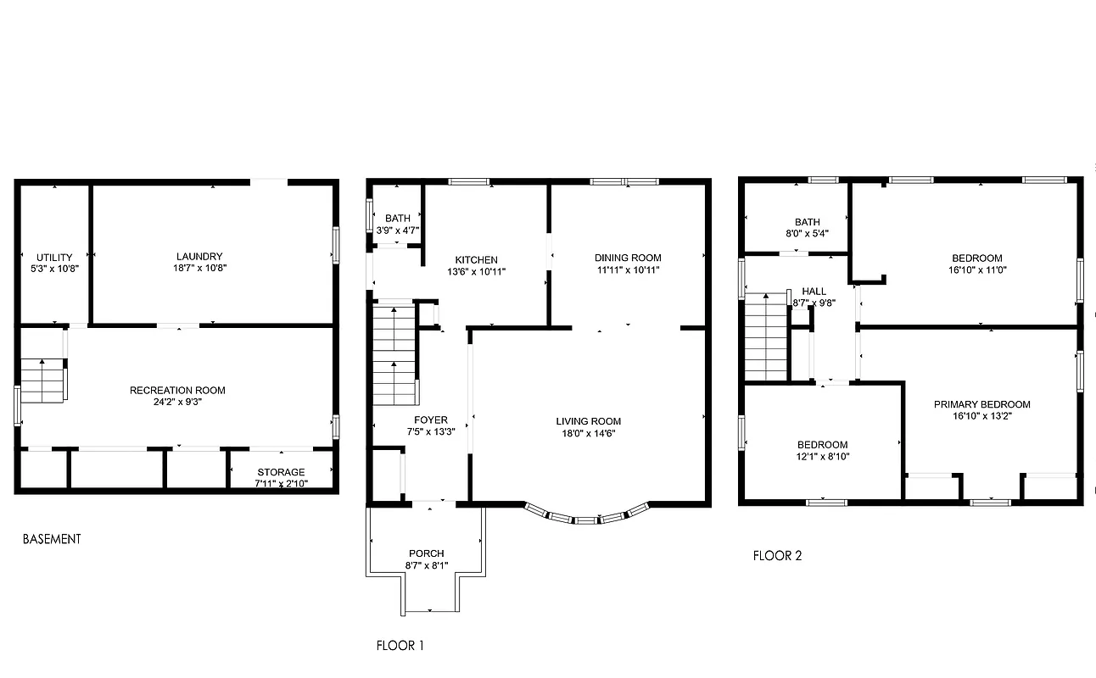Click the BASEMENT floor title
point(52,539)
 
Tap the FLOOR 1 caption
point(400,646)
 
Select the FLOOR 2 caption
point(777,556)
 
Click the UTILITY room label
point(53,258)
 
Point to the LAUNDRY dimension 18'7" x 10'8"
point(199,268)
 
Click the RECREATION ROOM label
point(177,391)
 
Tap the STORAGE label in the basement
point(282,472)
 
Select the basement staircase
point(44,381)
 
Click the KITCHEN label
point(476,260)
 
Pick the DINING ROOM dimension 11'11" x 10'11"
point(627,270)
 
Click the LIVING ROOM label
point(588,421)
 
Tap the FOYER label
point(430,420)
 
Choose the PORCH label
point(426,553)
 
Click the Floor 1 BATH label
point(397,219)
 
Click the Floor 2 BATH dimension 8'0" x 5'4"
point(807,233)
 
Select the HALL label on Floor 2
point(814,292)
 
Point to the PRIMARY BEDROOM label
point(981,405)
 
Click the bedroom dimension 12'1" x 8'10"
point(821,456)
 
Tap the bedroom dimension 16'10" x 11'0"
point(976,270)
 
